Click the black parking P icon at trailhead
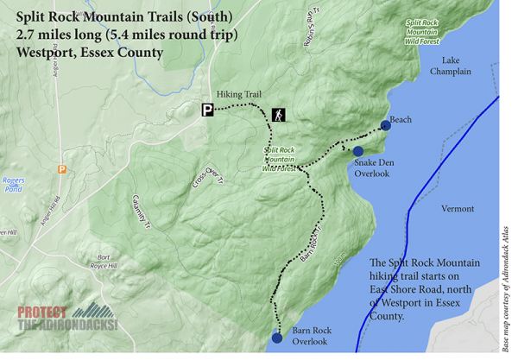coord(207,110)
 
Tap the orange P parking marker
coord(61,169)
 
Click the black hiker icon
coord(279,114)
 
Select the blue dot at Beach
coord(385,125)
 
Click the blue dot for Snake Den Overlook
coord(358,152)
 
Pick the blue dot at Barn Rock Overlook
coord(276,338)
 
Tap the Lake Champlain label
coord(457,66)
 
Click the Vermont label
coord(458,209)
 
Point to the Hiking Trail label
coord(237,96)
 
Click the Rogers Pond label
coord(14,186)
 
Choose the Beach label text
coord(401,120)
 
